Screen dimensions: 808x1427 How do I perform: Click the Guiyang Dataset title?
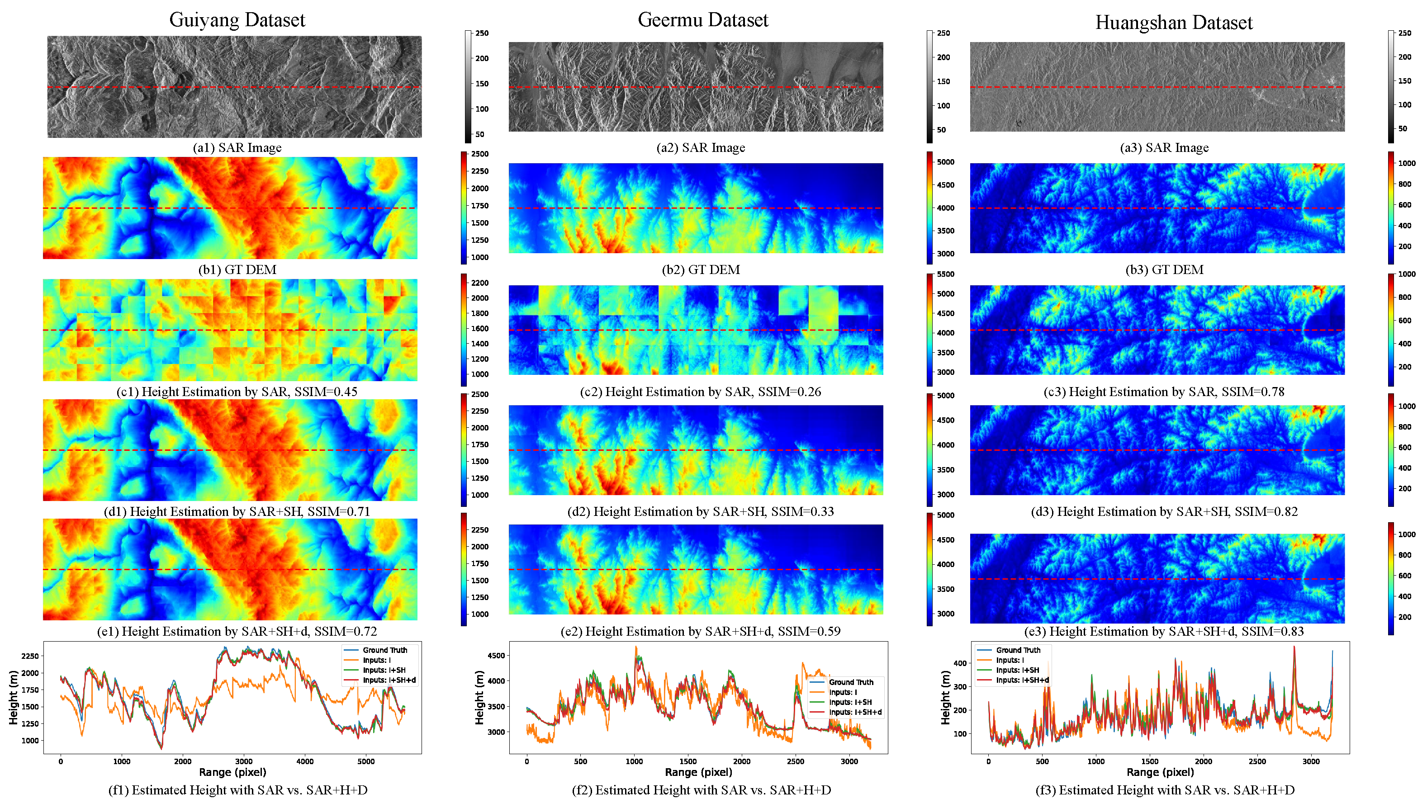pos(237,20)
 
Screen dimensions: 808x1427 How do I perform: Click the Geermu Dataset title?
pos(703,20)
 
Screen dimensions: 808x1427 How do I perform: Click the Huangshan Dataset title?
pos(1173,23)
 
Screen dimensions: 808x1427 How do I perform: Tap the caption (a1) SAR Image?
pos(237,147)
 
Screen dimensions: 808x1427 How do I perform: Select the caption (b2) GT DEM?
pos(701,269)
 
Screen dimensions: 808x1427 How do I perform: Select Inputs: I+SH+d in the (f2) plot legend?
pos(855,712)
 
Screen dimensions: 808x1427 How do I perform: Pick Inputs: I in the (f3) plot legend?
pos(1010,660)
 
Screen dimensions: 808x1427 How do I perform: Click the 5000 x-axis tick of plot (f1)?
pos(366,761)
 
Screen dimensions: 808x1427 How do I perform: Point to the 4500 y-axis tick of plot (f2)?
pos(496,655)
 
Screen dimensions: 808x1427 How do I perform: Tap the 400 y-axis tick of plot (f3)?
pos(960,663)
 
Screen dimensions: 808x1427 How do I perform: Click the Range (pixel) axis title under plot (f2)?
pos(698,772)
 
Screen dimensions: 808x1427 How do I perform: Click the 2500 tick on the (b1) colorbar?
pos(479,154)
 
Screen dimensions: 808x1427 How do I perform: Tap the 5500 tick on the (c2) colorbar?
pos(945,274)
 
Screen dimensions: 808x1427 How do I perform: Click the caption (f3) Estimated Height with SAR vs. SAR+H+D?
pos(1165,790)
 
